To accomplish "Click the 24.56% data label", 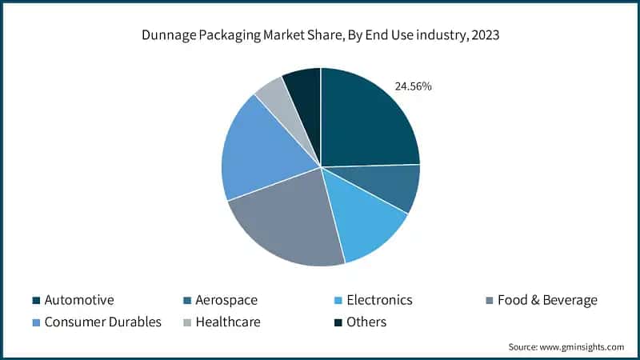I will point(414,86).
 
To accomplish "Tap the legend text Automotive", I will point(79,301).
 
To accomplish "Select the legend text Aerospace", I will point(226,301).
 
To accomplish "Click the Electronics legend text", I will point(380,301).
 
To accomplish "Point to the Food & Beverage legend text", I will point(547,301).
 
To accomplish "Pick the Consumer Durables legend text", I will point(103,322).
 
